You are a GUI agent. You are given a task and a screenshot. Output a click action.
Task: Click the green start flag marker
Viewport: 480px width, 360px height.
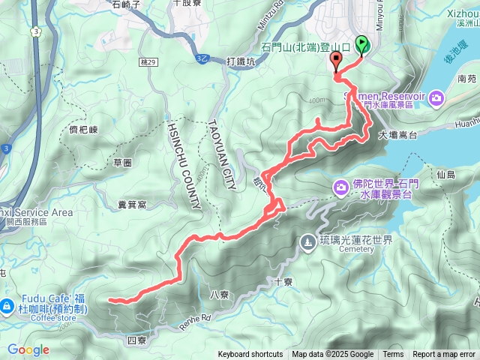click(x=362, y=45)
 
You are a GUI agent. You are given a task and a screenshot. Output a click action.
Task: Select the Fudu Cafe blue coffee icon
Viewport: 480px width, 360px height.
click(x=7, y=305)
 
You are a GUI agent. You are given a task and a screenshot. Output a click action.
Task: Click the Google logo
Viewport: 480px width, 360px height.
click(x=28, y=349)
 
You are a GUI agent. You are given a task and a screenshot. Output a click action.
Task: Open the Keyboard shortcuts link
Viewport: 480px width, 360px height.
click(x=250, y=355)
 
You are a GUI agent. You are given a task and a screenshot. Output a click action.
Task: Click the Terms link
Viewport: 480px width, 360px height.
click(x=393, y=355)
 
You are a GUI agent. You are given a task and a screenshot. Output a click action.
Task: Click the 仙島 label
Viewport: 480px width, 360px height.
click(x=445, y=174)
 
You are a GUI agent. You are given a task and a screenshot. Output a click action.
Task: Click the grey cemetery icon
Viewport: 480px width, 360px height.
click(x=307, y=241)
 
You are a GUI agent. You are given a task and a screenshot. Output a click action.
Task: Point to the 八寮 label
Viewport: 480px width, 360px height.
click(x=220, y=294)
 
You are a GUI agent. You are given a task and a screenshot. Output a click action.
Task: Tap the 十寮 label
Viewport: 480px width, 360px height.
click(x=283, y=282)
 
